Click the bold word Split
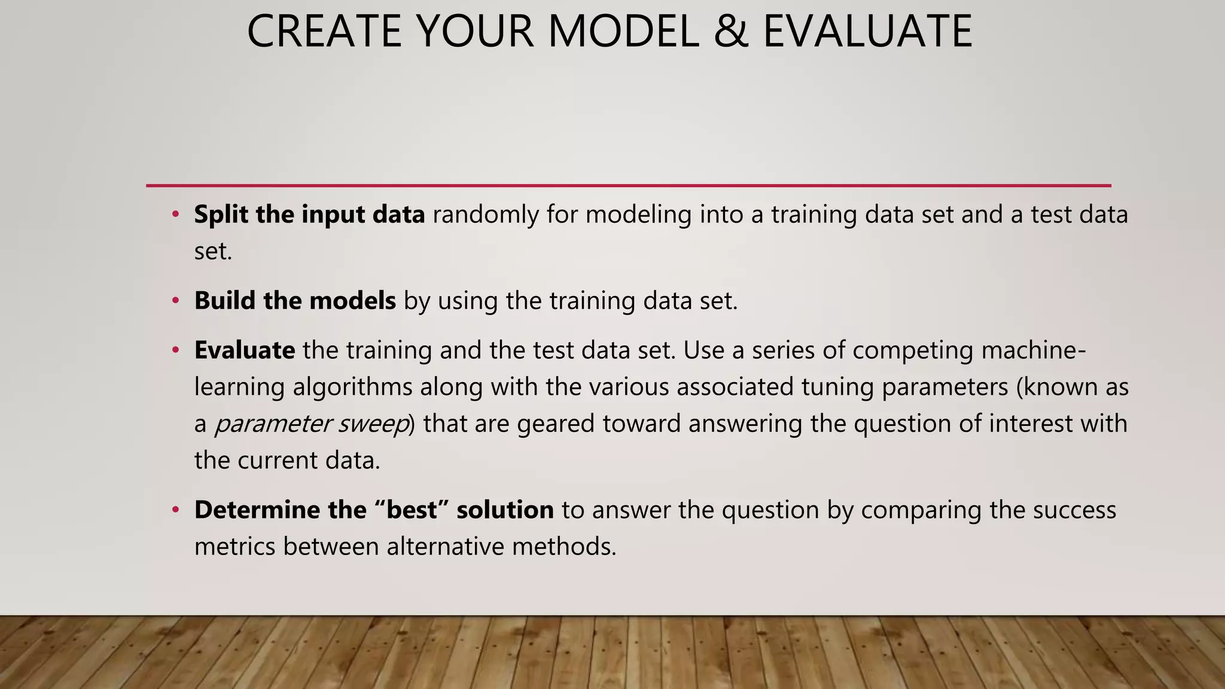pyautogui.click(x=221, y=215)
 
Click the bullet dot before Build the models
pyautogui.click(x=175, y=300)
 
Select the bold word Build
pyautogui.click(x=224, y=300)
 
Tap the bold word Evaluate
pyautogui.click(x=244, y=350)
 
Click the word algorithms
pyautogui.click(x=352, y=387)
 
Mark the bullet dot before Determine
pyautogui.click(x=175, y=510)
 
